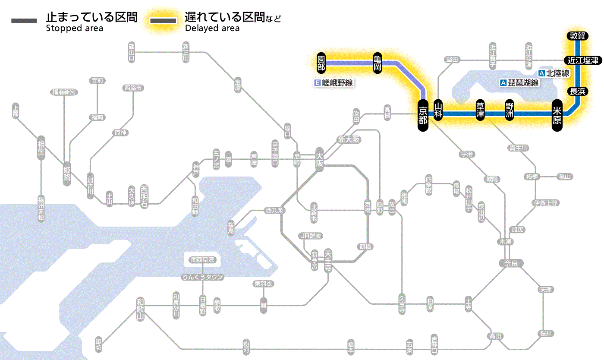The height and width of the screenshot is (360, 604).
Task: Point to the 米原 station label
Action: [557, 114]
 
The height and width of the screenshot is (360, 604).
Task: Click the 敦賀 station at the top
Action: [577, 36]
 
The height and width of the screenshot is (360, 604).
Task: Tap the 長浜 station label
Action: [577, 91]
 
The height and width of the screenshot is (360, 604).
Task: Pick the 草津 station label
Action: [480, 111]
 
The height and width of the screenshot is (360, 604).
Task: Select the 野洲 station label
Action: [510, 111]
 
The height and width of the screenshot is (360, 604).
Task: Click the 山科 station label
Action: [438, 111]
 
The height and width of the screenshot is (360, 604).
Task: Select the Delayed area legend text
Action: [212, 28]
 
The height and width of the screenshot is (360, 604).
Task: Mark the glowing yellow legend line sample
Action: [163, 21]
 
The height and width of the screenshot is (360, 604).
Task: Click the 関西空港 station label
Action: [202, 260]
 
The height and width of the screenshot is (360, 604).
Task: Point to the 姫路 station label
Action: [67, 174]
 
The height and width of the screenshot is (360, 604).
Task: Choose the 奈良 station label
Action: [510, 263]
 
